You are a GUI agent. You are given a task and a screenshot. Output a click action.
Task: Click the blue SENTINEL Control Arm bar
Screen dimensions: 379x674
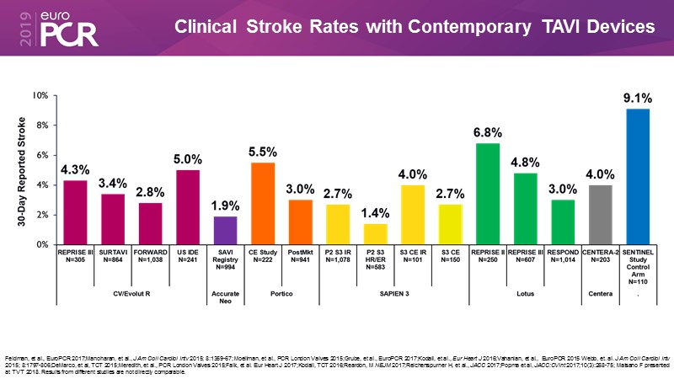click(x=638, y=176)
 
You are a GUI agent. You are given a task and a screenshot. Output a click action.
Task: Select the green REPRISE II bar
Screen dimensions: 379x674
click(x=488, y=194)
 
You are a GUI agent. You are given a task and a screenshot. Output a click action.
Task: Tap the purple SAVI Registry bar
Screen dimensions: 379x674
click(x=225, y=230)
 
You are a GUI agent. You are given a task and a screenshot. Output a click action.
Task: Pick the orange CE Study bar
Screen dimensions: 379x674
click(x=262, y=203)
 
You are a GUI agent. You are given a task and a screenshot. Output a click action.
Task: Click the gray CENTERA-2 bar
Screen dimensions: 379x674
click(x=600, y=215)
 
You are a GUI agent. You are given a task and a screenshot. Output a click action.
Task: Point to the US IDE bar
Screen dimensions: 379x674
click(x=188, y=207)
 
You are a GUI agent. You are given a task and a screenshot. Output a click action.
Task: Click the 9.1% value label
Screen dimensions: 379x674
click(x=638, y=99)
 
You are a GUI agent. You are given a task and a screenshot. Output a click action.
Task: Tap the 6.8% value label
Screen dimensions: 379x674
click(x=488, y=133)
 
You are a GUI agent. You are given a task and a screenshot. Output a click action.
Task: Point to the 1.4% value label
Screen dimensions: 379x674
click(x=375, y=214)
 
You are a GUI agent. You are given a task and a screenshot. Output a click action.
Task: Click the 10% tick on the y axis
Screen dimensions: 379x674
click(x=40, y=95)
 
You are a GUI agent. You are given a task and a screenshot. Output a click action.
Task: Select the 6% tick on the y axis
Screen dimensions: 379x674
click(x=41, y=155)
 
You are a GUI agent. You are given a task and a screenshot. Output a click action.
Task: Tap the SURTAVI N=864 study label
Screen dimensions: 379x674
click(x=113, y=257)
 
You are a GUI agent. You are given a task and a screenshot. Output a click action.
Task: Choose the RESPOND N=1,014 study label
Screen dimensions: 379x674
click(x=563, y=257)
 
